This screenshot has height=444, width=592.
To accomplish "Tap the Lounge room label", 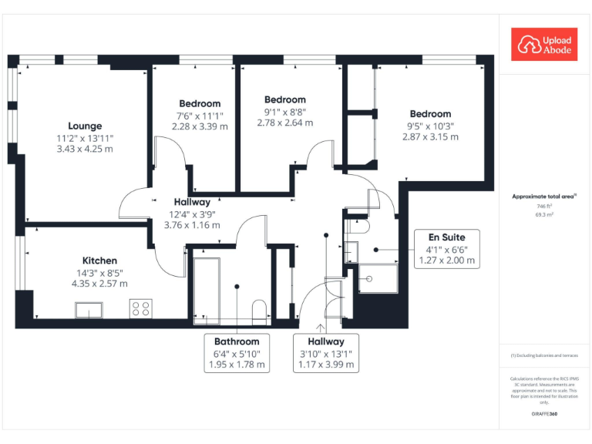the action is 85,126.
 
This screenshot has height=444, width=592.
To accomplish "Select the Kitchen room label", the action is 100,261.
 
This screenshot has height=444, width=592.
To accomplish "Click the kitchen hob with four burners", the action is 141,308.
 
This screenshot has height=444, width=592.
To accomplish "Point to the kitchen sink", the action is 92,309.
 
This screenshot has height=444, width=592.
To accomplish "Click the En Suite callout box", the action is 447,248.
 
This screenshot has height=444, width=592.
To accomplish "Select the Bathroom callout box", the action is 237,353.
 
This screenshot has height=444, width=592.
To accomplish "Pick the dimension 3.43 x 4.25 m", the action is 85,149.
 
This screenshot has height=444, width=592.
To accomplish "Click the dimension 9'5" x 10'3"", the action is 430,126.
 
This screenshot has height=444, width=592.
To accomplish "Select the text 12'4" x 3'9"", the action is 192,214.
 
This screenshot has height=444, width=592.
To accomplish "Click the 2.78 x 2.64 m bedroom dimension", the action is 285,123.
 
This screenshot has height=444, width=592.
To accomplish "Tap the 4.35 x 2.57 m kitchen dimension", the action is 100,284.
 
